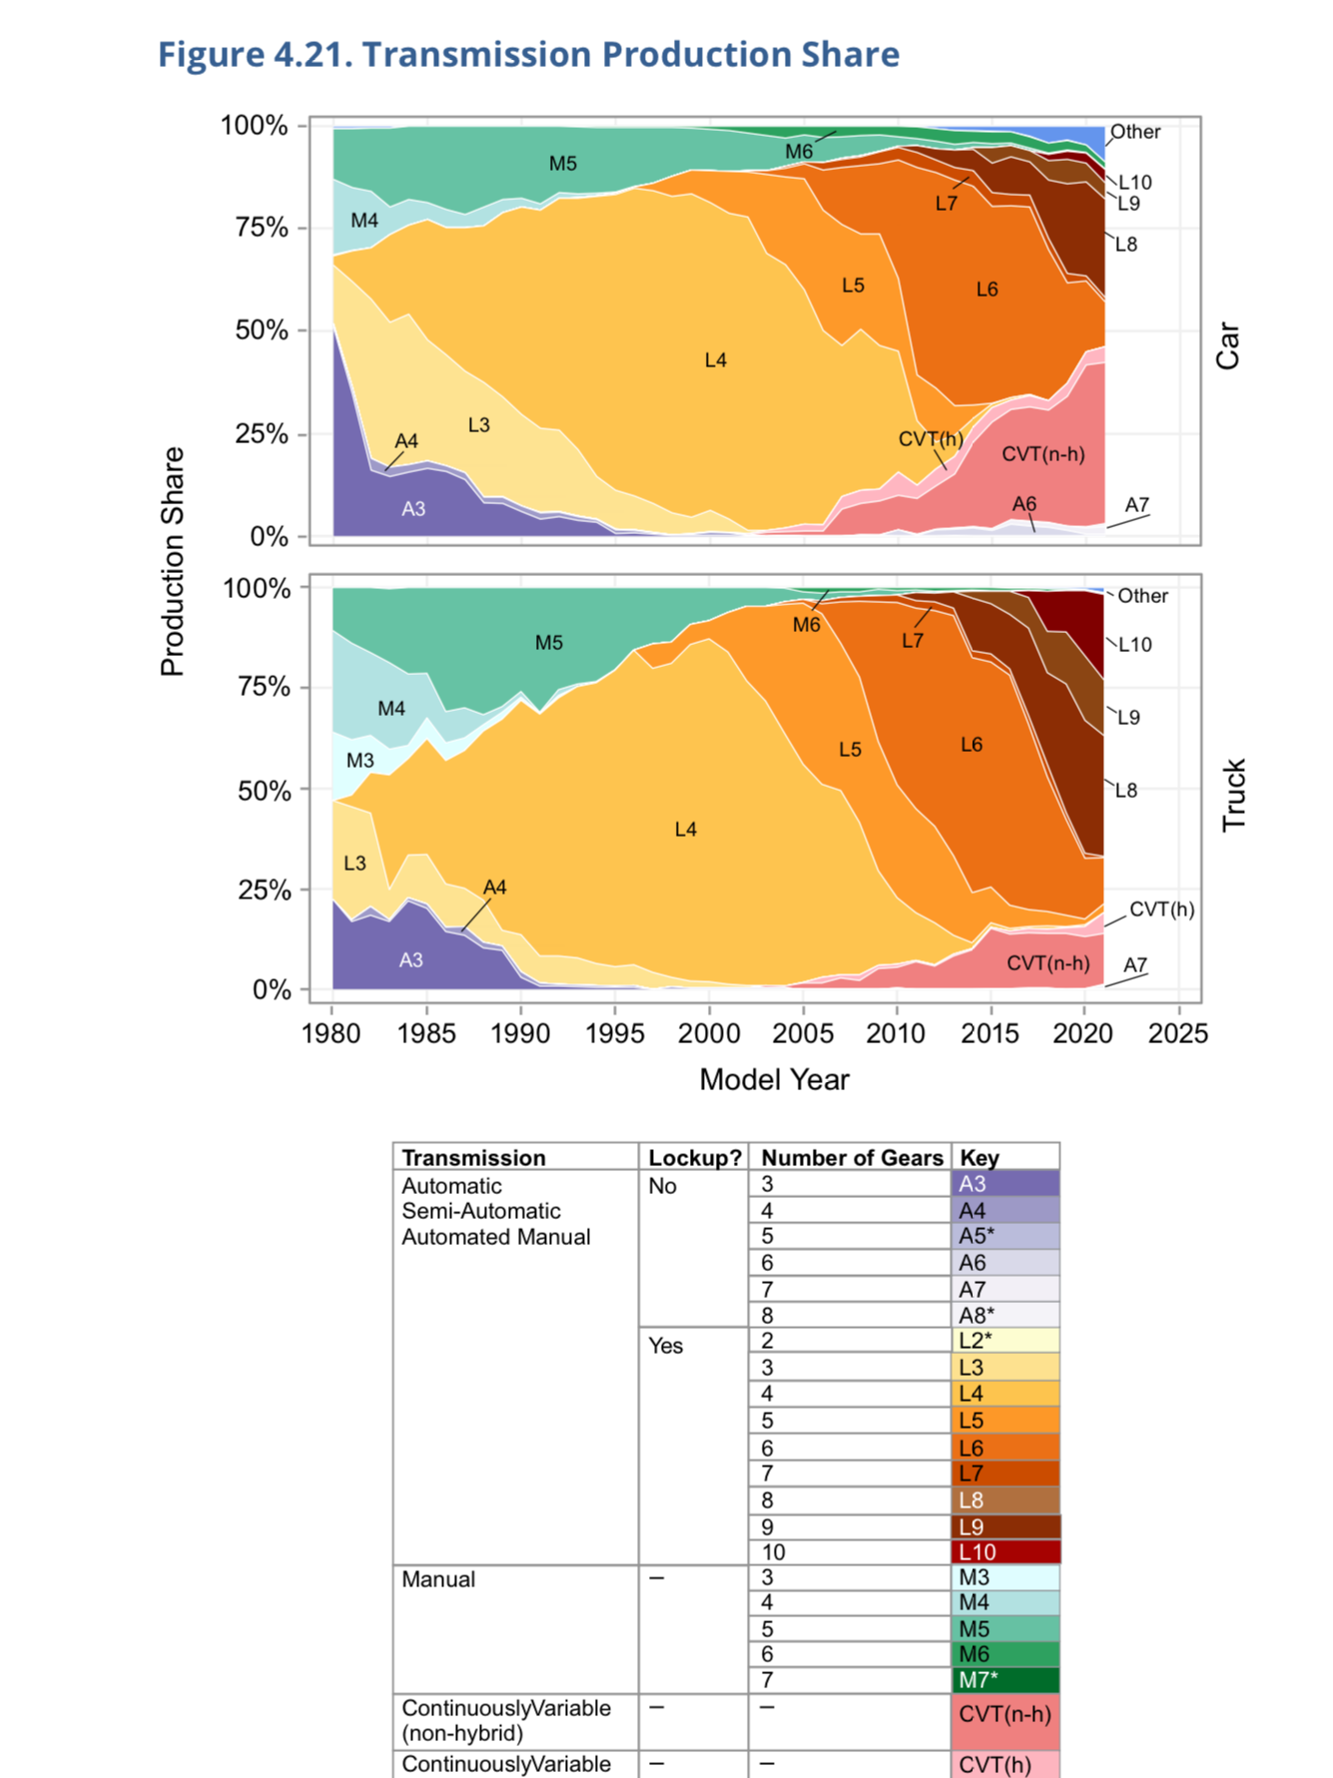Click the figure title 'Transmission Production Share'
pyautogui.click(x=529, y=54)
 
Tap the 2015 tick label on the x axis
pyautogui.click(x=990, y=1033)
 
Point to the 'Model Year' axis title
pyautogui.click(x=774, y=1079)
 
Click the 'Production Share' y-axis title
pyautogui.click(x=173, y=561)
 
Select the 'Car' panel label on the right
pyautogui.click(x=1227, y=345)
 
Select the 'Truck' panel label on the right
pyautogui.click(x=1234, y=795)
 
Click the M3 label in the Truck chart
pyautogui.click(x=359, y=761)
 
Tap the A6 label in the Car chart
pyautogui.click(x=1023, y=504)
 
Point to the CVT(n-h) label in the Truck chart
pyautogui.click(x=1047, y=963)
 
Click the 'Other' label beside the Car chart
pyautogui.click(x=1135, y=132)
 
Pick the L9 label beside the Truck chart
pyautogui.click(x=1128, y=718)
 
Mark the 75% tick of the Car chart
pyautogui.click(x=262, y=228)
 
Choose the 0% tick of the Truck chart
pyautogui.click(x=272, y=989)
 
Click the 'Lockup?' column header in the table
pyautogui.click(x=694, y=1158)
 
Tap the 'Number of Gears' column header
pyautogui.click(x=851, y=1158)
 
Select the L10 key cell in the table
pyautogui.click(x=1005, y=1552)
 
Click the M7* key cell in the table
pyautogui.click(x=1005, y=1680)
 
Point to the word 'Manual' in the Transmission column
pyautogui.click(x=438, y=1579)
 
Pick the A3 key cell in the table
pyautogui.click(x=1005, y=1184)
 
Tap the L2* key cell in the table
pyautogui.click(x=1005, y=1341)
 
